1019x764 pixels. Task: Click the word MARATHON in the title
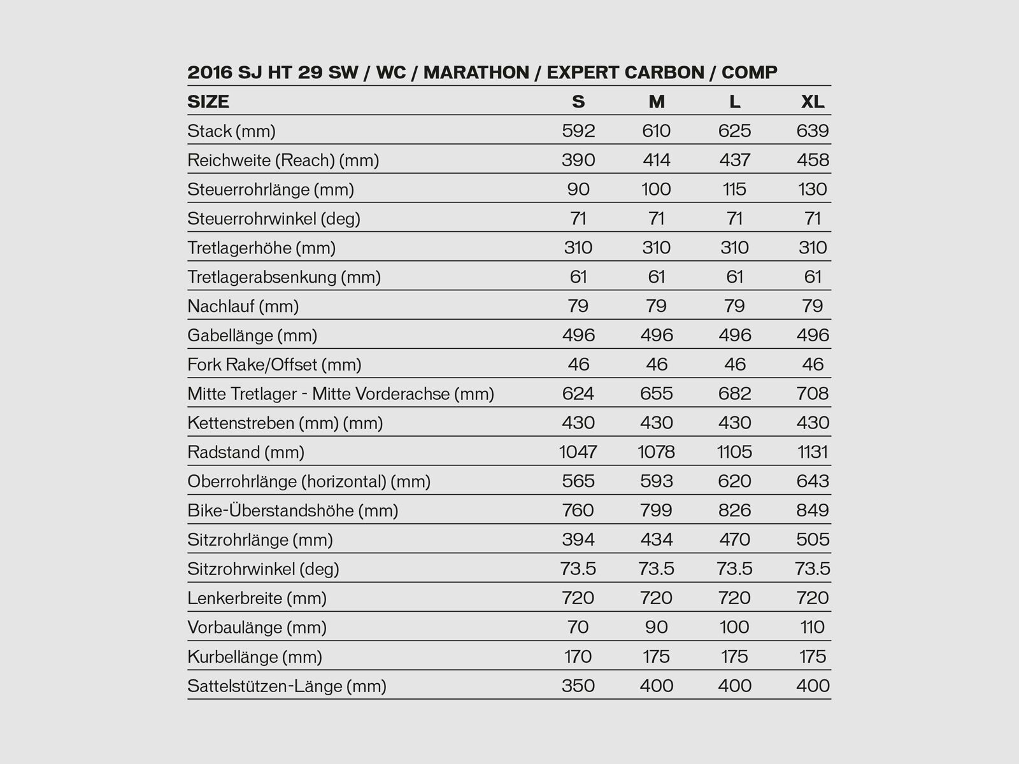476,73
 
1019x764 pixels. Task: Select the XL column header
813,102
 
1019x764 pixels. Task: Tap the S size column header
578,102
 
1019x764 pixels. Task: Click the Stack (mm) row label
231,131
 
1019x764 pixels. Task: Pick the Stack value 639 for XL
813,131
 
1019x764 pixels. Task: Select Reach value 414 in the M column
657,160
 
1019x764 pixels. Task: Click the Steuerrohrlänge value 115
734,189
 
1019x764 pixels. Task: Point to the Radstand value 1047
578,452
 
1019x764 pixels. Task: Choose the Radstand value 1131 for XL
813,452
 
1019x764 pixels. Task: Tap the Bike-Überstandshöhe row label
292,511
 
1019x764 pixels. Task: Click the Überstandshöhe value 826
734,511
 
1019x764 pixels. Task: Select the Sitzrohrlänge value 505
813,540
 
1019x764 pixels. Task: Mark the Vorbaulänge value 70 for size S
578,627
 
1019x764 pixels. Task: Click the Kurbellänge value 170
578,656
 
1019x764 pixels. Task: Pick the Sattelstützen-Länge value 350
578,686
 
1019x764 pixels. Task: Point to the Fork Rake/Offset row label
274,365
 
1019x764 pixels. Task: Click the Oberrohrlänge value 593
657,481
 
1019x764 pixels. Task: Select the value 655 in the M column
657,393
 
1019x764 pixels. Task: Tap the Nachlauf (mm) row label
243,306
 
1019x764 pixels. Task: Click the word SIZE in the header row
208,102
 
